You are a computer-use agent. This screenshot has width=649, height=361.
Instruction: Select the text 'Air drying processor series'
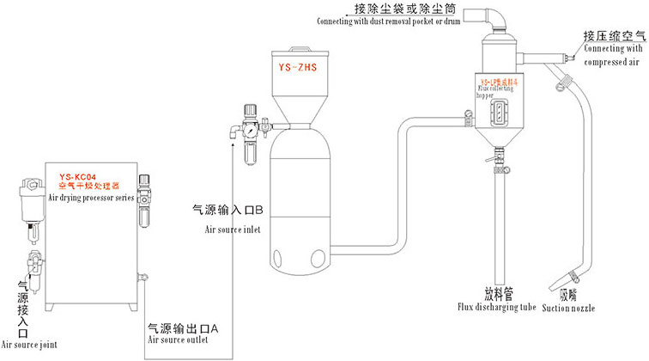(90, 196)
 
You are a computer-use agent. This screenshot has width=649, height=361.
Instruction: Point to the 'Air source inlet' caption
(231, 229)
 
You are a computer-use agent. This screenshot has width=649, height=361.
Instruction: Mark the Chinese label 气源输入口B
(227, 209)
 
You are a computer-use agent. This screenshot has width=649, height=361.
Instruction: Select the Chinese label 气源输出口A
(185, 327)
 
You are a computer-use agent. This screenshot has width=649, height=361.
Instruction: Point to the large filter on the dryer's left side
(31, 199)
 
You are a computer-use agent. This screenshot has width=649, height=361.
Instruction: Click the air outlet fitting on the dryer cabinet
(144, 276)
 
